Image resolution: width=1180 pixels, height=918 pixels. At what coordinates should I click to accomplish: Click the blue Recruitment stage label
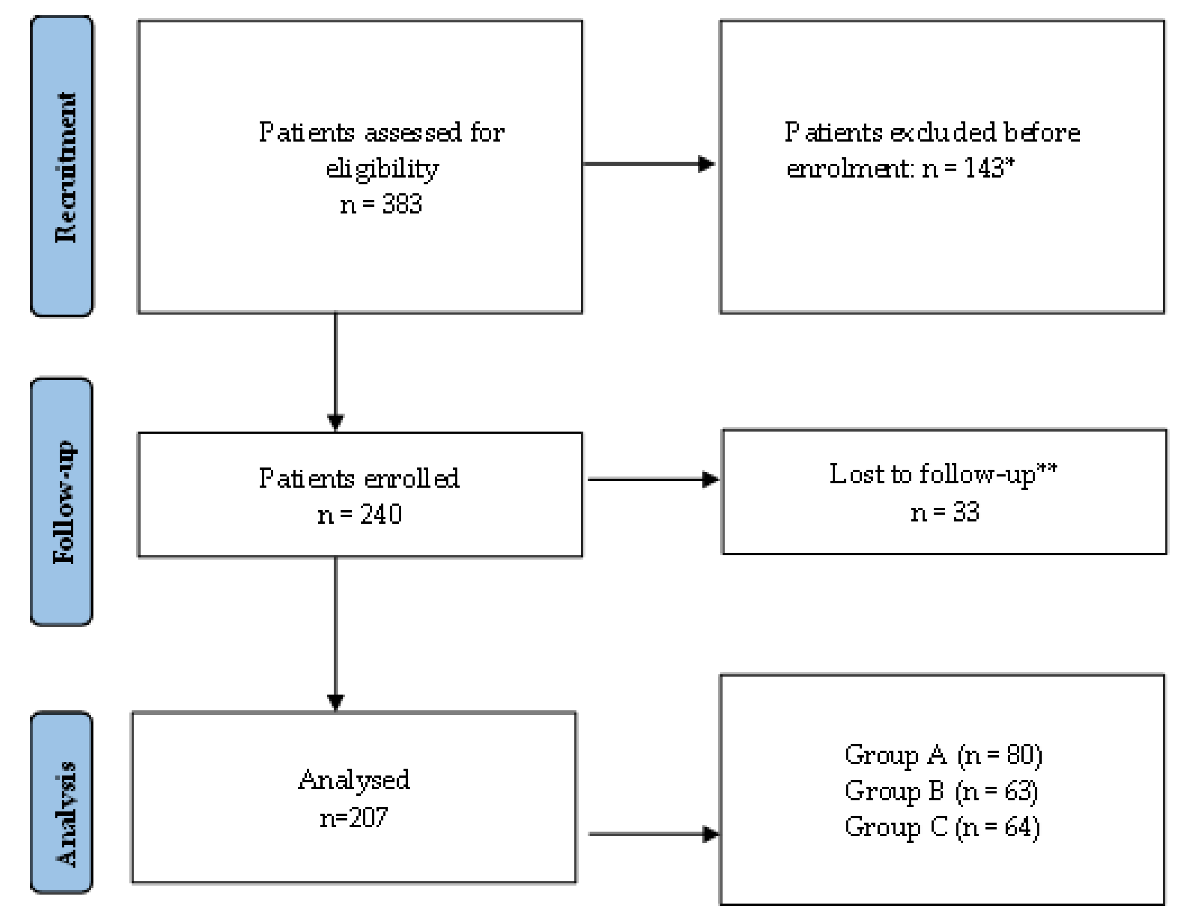62,167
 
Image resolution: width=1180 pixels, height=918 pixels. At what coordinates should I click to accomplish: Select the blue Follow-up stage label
62,502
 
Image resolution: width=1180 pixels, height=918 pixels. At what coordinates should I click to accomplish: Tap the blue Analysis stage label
62,802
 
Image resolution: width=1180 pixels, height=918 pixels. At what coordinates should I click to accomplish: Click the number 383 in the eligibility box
402,204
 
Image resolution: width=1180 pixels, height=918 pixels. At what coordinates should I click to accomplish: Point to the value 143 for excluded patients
984,168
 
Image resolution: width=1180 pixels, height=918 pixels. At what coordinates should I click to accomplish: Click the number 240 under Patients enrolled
381,514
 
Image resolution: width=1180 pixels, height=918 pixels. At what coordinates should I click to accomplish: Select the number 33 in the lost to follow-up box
966,512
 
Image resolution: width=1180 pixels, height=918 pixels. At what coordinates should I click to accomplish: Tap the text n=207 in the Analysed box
354,817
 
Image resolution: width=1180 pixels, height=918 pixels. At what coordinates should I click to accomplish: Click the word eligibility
382,169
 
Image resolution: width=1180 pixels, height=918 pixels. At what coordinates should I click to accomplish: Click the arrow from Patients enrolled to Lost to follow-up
653,479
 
